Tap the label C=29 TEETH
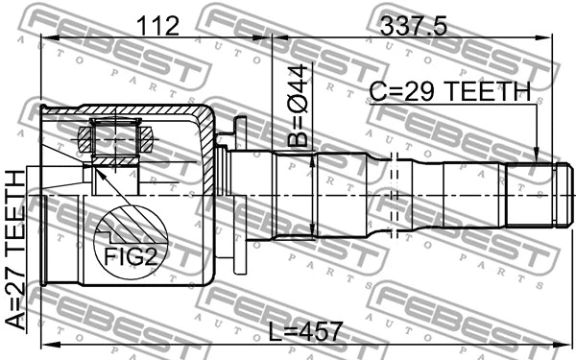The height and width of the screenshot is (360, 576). pos(450,91)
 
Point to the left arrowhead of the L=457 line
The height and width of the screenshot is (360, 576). pos(44,345)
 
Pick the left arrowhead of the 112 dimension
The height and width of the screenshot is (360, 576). pos(44,38)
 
